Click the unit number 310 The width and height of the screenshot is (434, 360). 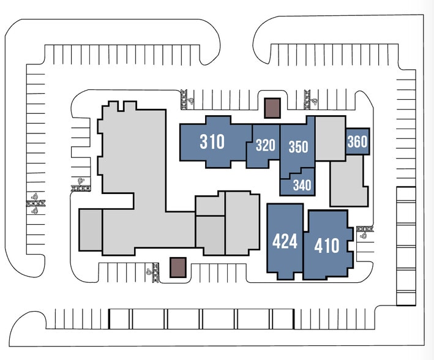212,142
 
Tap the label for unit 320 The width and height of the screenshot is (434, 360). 265,146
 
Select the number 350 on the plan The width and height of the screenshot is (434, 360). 298,147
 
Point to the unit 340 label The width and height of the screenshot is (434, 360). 302,185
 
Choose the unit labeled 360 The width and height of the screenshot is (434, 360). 357,142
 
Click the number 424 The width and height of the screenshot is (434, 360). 285,241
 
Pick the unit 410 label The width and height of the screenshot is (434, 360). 326,246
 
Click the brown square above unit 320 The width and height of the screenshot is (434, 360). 272,108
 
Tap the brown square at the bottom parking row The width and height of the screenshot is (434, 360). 178,267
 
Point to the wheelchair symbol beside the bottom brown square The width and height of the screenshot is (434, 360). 148,271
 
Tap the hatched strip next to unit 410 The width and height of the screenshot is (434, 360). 365,230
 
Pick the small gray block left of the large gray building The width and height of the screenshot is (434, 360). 91,230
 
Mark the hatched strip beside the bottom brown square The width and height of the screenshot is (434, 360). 155,272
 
